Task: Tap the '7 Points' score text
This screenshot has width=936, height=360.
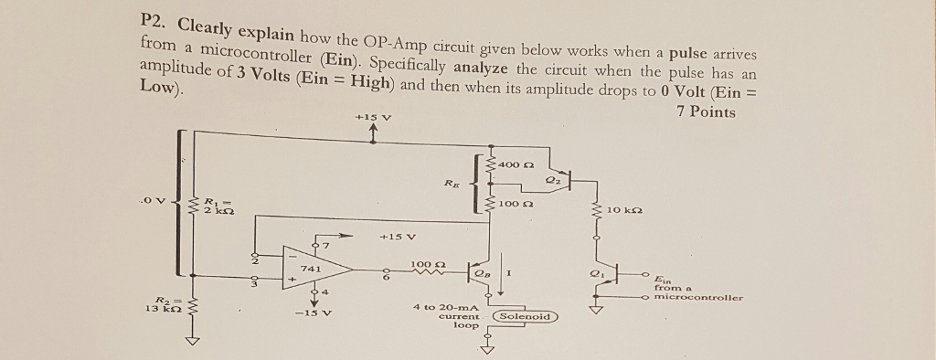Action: click(x=706, y=112)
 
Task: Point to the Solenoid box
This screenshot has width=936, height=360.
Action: click(x=526, y=316)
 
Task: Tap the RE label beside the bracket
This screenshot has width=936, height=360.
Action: click(x=451, y=183)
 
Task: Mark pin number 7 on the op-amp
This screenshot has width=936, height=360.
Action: click(x=323, y=244)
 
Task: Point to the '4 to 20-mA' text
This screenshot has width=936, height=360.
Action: click(x=447, y=307)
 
